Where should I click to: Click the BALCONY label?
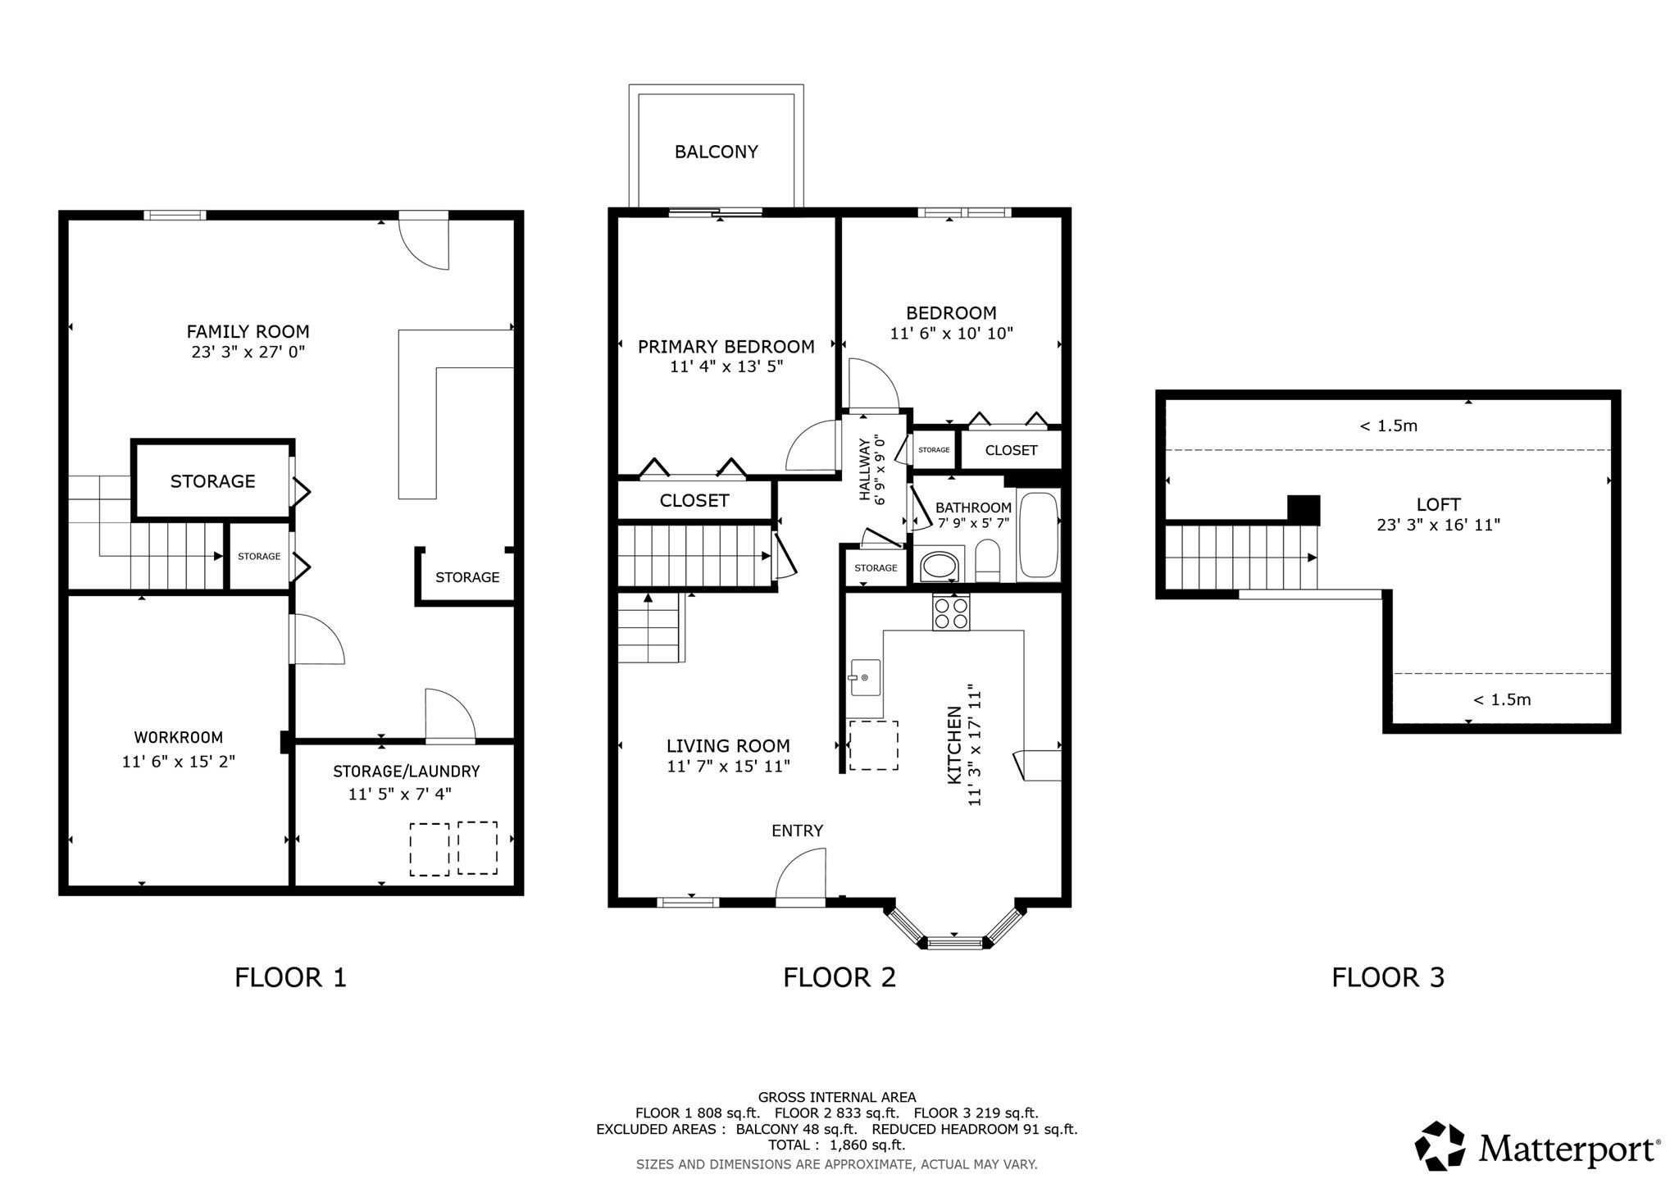[716, 152]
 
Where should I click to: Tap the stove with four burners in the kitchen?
[951, 613]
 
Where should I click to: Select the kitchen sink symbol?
[865, 678]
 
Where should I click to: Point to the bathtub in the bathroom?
[1039, 535]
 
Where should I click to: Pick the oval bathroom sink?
[940, 567]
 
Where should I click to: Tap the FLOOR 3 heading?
[1387, 977]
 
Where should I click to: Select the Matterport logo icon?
[1440, 1145]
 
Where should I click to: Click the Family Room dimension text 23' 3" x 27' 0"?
[248, 353]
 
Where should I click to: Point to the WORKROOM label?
[179, 738]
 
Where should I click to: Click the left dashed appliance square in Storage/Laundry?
[429, 849]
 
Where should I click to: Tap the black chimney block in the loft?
[1303, 510]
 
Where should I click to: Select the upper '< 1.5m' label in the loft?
[1388, 426]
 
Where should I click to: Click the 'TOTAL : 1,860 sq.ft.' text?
[836, 1145]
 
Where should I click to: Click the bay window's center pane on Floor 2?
[954, 943]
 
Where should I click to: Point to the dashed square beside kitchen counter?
[873, 745]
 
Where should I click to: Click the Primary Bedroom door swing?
[811, 447]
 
